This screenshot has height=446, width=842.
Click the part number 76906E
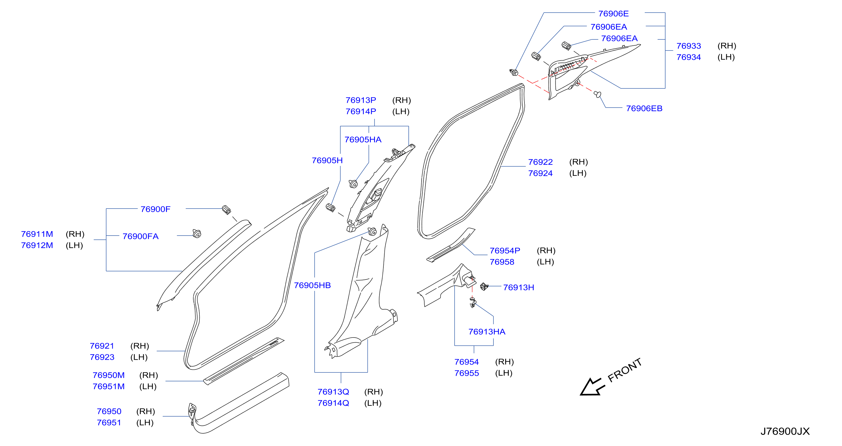(613, 14)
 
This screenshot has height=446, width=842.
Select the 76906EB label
(644, 108)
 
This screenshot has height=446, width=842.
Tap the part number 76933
(689, 46)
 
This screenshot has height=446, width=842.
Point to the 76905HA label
(363, 140)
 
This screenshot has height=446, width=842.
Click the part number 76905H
(327, 161)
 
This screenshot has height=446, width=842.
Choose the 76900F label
(155, 209)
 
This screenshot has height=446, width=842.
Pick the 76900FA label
(140, 237)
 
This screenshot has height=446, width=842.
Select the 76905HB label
(312, 286)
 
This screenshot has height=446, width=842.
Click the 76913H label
(518, 288)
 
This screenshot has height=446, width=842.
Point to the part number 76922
(540, 162)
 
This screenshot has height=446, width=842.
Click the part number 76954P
(505, 251)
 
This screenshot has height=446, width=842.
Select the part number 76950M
(109, 375)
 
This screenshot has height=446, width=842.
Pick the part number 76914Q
(333, 403)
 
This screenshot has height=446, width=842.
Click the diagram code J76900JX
(785, 432)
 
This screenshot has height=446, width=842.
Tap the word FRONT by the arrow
(625, 370)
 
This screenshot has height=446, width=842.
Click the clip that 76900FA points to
(197, 234)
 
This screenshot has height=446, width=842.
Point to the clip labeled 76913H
(484, 286)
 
